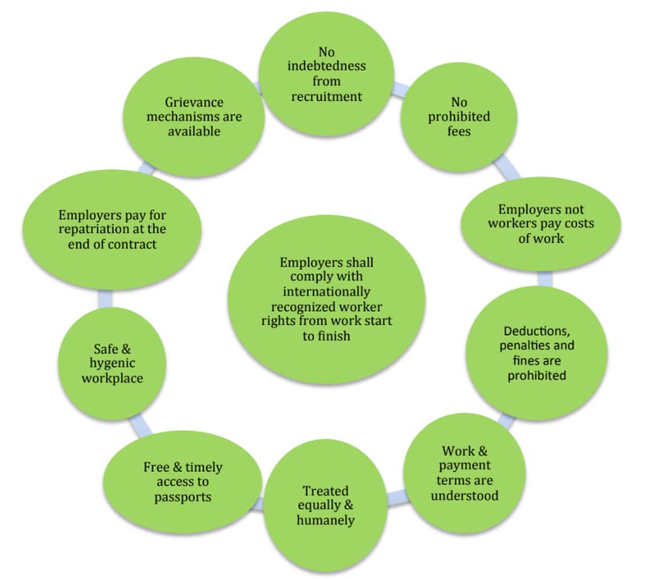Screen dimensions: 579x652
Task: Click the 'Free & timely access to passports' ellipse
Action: [183, 482]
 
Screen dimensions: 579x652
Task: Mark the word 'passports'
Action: [183, 497]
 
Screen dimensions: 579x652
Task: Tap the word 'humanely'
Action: [325, 520]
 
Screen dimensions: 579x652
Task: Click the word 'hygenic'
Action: [112, 363]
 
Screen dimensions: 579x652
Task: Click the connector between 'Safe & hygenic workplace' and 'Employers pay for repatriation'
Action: [104, 298]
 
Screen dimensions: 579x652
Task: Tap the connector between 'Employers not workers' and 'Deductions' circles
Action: [545, 278]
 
